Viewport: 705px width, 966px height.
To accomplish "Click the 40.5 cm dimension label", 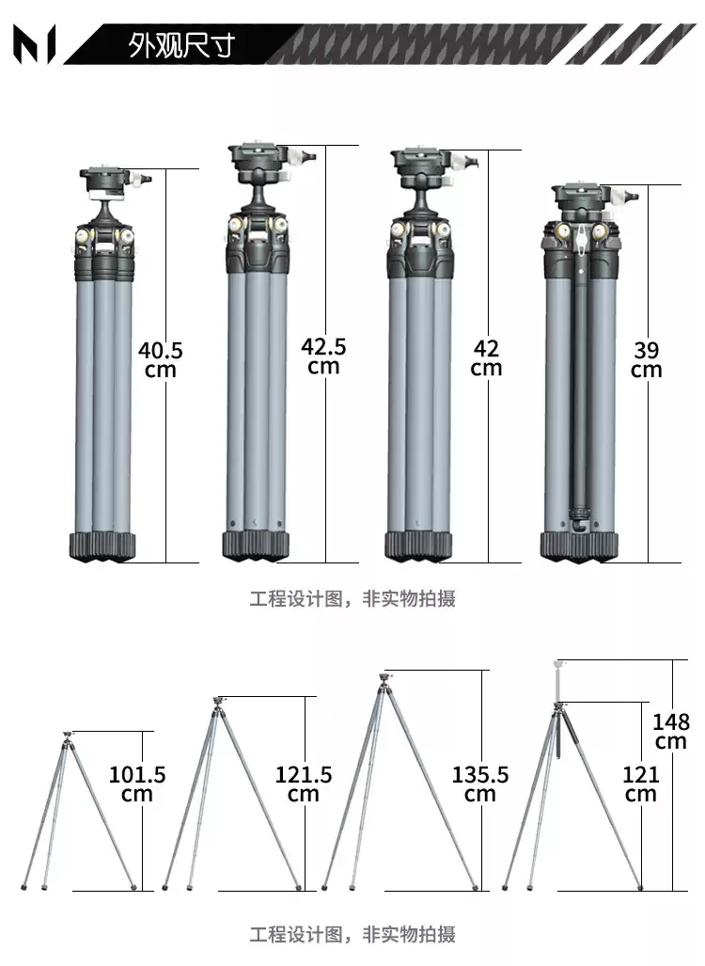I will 161,359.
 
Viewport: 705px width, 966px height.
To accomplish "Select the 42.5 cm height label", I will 323,356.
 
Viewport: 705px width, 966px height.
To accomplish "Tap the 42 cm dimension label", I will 486,357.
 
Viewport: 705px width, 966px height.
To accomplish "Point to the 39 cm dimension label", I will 646,359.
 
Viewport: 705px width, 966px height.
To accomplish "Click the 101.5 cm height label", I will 137,784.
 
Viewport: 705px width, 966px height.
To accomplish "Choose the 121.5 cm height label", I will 303,784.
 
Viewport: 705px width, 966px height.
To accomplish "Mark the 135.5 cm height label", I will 479,784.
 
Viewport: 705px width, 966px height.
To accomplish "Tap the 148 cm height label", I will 671,731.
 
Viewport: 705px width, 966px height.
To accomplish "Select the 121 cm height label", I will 640,784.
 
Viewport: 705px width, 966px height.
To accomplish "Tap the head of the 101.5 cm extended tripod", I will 67,736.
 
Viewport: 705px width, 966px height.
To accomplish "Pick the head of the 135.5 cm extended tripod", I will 383,677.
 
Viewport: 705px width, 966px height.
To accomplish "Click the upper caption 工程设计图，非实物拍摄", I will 352,599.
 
